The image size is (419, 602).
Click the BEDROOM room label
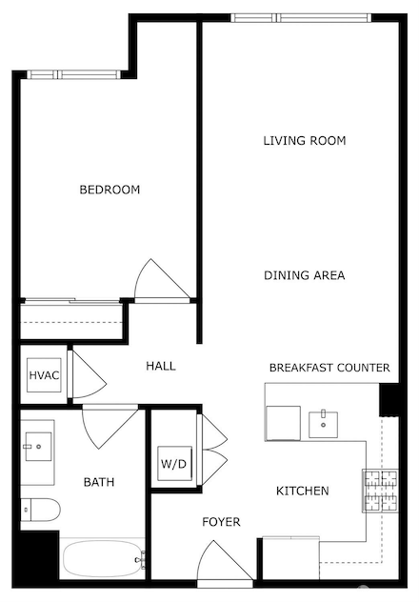pyautogui.click(x=109, y=190)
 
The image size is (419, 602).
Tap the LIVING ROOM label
pyautogui.click(x=304, y=141)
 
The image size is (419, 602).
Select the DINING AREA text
pyautogui.click(x=304, y=276)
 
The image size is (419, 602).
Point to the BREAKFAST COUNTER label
pyautogui.click(x=329, y=368)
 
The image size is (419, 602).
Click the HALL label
pyautogui.click(x=160, y=366)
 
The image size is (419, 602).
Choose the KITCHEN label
pyautogui.click(x=302, y=492)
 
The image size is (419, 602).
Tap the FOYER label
pyautogui.click(x=220, y=523)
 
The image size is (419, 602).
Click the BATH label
pyautogui.click(x=98, y=483)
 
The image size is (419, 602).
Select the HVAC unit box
pyautogui.click(x=44, y=375)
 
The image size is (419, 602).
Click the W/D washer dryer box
pyautogui.click(x=173, y=465)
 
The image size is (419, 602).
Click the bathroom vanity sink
pyautogui.click(x=38, y=444)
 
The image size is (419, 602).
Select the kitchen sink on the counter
pyautogui.click(x=323, y=422)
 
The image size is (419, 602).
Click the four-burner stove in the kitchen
pyautogui.click(x=378, y=492)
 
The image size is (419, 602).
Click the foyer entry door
pyautogui.click(x=225, y=566)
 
